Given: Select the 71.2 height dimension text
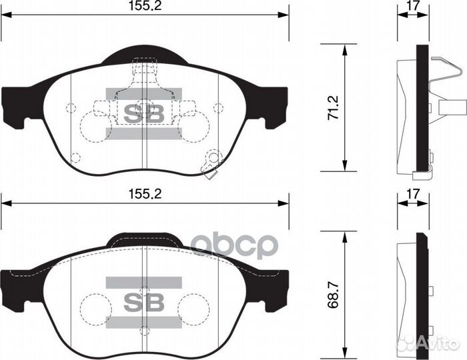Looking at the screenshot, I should click(x=334, y=108).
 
